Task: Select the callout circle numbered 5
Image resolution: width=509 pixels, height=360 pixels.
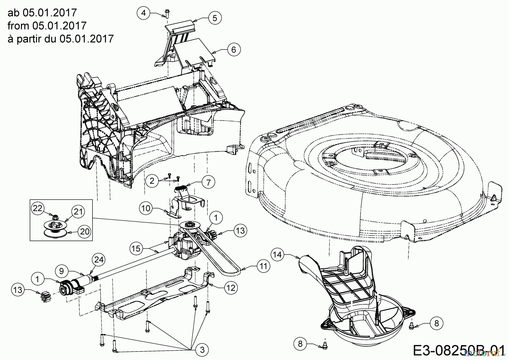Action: (215, 18)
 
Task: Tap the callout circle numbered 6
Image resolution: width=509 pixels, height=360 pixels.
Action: (233, 50)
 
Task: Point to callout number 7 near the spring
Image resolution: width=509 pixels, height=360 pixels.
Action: (208, 183)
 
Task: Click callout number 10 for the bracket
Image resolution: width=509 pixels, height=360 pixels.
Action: (146, 209)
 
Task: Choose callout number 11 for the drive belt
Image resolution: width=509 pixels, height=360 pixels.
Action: (263, 266)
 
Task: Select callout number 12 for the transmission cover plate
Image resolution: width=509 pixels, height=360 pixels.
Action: (231, 288)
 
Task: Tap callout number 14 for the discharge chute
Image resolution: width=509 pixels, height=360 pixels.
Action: (278, 255)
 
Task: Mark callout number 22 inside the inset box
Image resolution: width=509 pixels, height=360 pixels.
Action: (38, 208)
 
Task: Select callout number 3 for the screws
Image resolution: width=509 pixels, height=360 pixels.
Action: (202, 350)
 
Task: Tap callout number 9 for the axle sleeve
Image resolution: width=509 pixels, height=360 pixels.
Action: (62, 271)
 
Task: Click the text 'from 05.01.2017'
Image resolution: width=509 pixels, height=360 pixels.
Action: (47, 25)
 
